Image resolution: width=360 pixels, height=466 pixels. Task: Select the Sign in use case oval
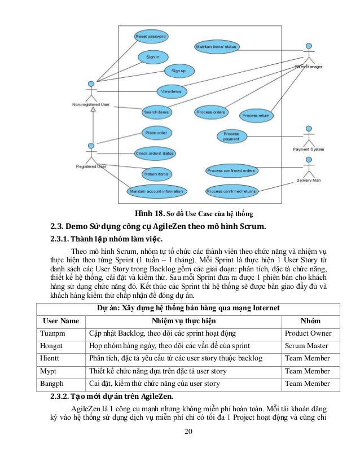152,57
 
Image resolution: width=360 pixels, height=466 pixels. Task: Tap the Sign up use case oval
179,71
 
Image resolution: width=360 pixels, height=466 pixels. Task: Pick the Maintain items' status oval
216,47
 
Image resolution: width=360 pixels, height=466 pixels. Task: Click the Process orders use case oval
211,112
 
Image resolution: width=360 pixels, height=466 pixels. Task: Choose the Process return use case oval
256,115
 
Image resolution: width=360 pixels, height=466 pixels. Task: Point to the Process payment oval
231,136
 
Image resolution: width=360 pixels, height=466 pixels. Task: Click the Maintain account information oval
156,191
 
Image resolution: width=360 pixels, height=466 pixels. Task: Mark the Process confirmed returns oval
231,191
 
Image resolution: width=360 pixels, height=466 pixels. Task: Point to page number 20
188,432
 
